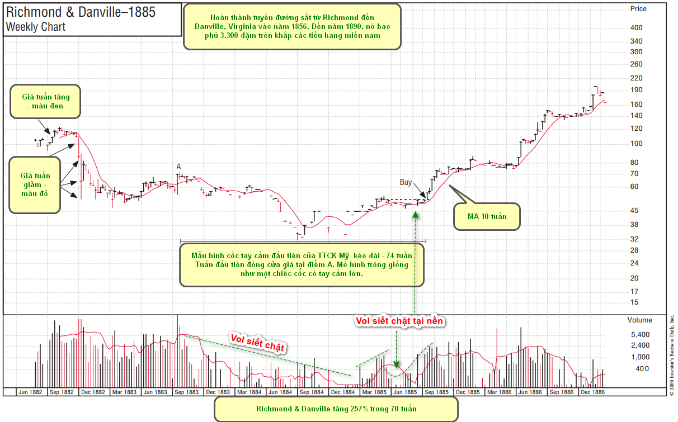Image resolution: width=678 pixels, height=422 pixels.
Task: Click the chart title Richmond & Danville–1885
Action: coord(81,12)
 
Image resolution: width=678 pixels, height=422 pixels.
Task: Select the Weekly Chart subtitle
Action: coord(36,27)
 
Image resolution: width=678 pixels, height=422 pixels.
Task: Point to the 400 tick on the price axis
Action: coord(636,28)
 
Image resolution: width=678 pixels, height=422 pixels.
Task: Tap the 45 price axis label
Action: coord(634,211)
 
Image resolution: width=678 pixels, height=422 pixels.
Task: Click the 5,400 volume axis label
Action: coord(639,334)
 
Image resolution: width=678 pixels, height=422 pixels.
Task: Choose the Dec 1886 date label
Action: coord(592,392)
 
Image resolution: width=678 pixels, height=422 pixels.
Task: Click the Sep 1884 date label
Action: coord(312,392)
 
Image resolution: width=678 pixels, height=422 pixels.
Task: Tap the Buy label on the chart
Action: coord(406,182)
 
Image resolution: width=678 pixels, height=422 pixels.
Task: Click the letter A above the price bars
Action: coord(178,167)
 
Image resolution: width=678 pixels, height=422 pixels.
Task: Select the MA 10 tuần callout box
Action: coord(486,216)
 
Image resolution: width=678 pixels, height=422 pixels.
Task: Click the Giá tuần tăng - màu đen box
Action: coord(45,101)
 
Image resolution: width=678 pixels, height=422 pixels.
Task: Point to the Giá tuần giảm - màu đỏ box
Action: coord(35,184)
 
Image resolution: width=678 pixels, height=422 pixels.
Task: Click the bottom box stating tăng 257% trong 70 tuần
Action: coord(336,409)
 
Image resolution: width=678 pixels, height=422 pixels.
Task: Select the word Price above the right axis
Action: coord(638,9)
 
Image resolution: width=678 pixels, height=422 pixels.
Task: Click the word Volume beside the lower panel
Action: coord(639,320)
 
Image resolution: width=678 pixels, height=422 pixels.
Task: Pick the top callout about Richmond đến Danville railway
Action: coord(292,27)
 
